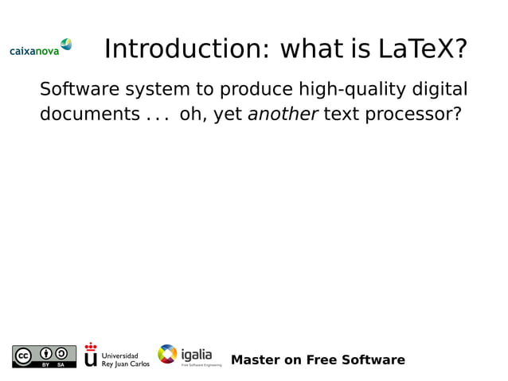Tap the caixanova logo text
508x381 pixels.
click(x=34, y=51)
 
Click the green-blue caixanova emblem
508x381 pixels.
click(x=66, y=45)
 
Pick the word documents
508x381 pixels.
click(x=89, y=115)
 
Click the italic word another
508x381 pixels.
click(x=283, y=115)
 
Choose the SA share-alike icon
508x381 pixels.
click(x=61, y=353)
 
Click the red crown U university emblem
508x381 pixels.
click(x=91, y=356)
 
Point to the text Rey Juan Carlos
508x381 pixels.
click(x=126, y=364)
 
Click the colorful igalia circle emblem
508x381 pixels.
click(x=167, y=355)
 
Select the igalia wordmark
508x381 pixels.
click(x=197, y=353)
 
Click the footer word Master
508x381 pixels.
click(x=256, y=360)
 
